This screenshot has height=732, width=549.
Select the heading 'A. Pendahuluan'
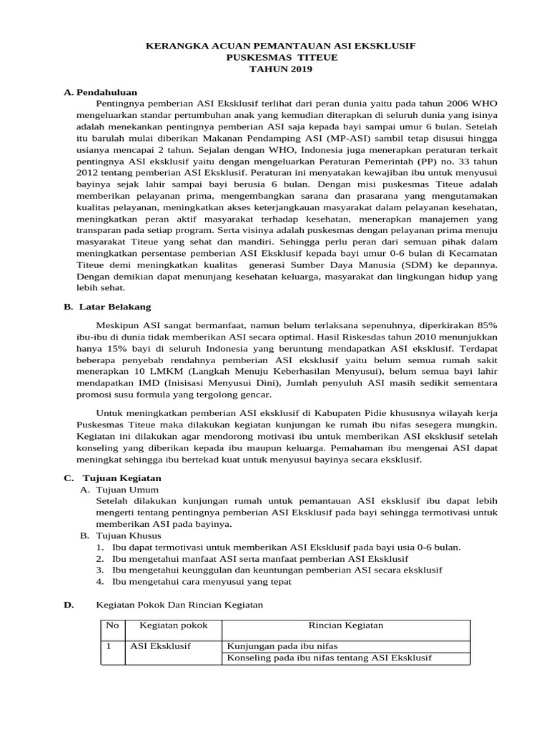pyautogui.click(x=100, y=92)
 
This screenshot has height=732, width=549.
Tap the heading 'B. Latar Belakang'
pyautogui.click(x=107, y=307)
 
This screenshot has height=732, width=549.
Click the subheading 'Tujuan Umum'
pyautogui.click(x=122, y=489)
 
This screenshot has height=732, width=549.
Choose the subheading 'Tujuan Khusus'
pyautogui.click(x=125, y=535)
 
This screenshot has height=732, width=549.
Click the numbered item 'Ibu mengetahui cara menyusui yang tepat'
pyautogui.click(x=202, y=581)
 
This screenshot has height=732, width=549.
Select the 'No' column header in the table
pyautogui.click(x=112, y=625)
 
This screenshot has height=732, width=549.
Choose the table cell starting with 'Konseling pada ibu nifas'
pyautogui.click(x=329, y=658)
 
